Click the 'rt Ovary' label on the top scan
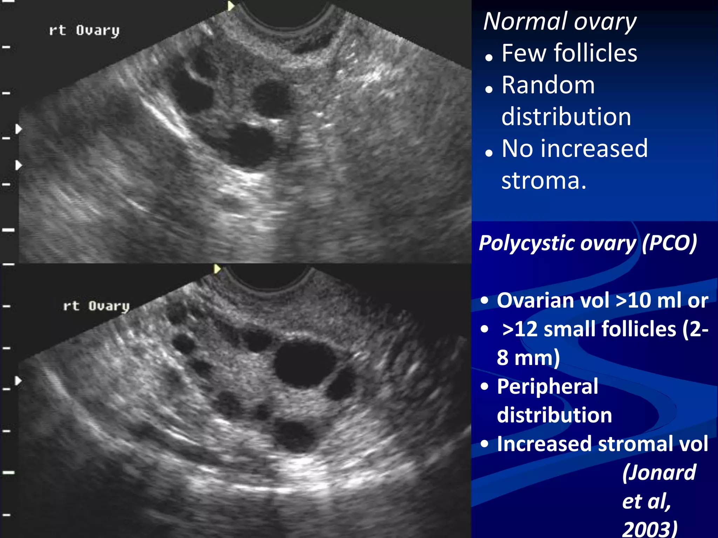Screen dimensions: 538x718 coord(84,31)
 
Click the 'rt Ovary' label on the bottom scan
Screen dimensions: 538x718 coord(96,306)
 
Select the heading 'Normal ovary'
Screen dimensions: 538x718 coord(560,22)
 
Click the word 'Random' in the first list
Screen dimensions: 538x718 coord(548,85)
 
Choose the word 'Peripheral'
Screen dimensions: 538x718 coord(547,387)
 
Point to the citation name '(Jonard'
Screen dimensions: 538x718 coord(659,473)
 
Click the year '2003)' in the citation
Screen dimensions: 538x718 coord(650,529)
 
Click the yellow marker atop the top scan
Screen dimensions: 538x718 coord(230,6)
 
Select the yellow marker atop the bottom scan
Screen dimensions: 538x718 coord(217,269)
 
